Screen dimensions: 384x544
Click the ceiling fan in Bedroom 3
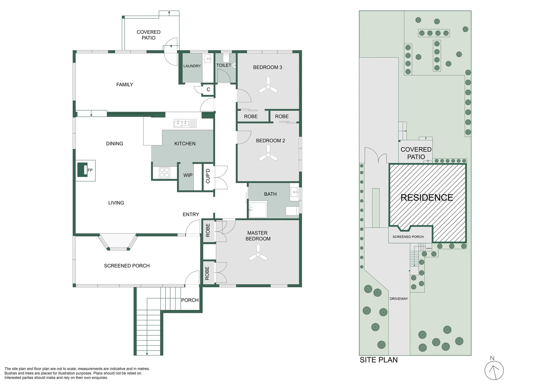click(x=268, y=86)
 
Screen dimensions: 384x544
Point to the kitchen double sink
click(x=184, y=123)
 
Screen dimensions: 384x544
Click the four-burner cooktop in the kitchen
click(x=164, y=172)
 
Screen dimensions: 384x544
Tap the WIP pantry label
click(x=188, y=175)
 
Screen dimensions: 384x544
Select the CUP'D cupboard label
click(x=208, y=176)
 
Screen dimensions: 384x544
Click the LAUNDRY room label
click(x=192, y=66)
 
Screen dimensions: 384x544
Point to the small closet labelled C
click(x=208, y=90)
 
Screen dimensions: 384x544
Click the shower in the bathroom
click(x=258, y=209)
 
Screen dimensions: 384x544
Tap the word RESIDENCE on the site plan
click(x=427, y=198)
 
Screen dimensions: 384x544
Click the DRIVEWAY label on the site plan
click(x=398, y=299)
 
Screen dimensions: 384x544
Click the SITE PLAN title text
click(x=378, y=360)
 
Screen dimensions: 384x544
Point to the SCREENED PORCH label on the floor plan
click(x=127, y=266)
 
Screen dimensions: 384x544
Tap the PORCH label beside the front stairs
click(x=190, y=300)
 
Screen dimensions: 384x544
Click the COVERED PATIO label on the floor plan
click(x=148, y=35)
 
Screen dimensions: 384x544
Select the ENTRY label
click(x=191, y=214)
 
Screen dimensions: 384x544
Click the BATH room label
click(x=270, y=194)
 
